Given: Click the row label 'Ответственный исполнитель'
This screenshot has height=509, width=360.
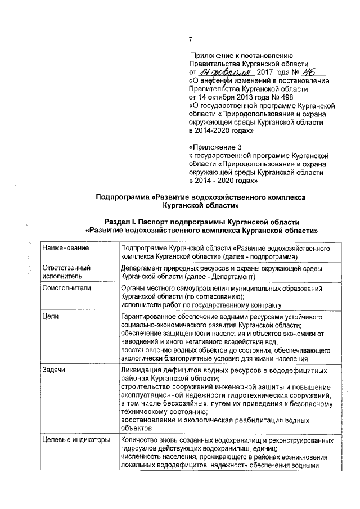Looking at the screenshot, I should pyautogui.click(x=66, y=272).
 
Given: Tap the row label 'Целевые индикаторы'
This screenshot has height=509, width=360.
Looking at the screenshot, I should pyautogui.click(x=76, y=440).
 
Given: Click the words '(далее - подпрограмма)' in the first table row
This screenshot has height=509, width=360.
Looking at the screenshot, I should pyautogui.click(x=260, y=256).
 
